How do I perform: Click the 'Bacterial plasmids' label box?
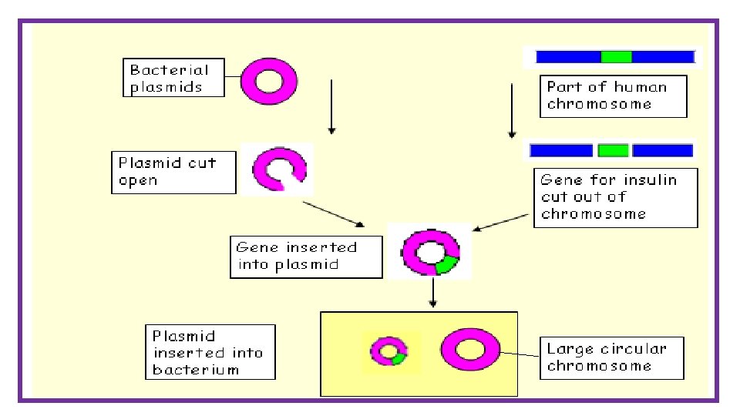(x=173, y=78)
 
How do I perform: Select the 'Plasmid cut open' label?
(x=173, y=172)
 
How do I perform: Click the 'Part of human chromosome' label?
(x=613, y=96)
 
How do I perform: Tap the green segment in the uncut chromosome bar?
(x=617, y=57)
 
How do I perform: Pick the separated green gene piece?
(x=613, y=150)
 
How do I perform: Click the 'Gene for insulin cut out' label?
(x=615, y=198)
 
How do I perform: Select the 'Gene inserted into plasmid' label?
(x=306, y=257)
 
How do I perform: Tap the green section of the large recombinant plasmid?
(x=446, y=264)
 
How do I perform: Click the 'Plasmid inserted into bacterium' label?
(x=210, y=352)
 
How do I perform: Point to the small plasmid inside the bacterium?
(x=378, y=351)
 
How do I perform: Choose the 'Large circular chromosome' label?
(x=611, y=358)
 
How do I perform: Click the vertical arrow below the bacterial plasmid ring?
(x=331, y=107)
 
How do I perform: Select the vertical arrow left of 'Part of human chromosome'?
(x=512, y=111)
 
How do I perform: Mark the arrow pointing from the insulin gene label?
(x=501, y=223)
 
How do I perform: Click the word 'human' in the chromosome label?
(x=641, y=87)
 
